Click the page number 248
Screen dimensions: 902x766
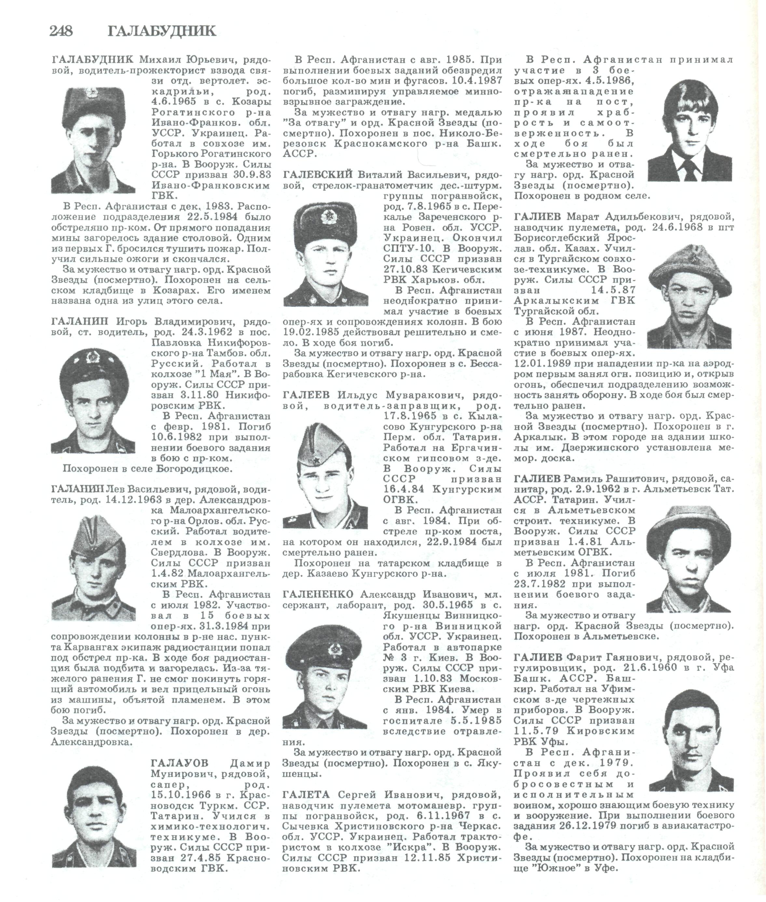tap(61, 31)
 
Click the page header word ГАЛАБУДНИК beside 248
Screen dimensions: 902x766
tap(161, 31)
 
